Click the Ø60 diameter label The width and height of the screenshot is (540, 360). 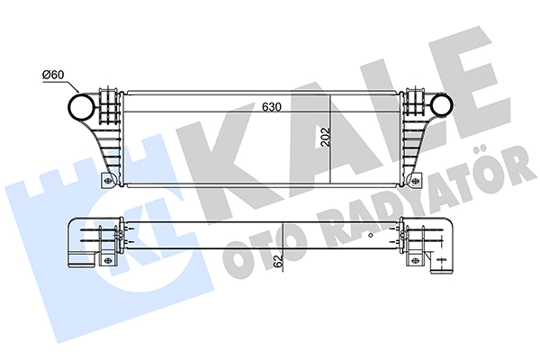53,74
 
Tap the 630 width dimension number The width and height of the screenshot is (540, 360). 272,107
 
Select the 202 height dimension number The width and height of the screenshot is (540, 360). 326,137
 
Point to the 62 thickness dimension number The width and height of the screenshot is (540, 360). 279,260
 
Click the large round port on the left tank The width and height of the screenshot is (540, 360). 82,106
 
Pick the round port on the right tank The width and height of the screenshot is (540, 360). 442,104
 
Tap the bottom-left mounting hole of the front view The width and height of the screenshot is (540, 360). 108,181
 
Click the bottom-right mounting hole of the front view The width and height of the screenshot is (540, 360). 416,180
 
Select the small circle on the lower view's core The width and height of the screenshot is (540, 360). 371,235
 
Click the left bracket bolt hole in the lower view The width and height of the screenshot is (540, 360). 107,259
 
